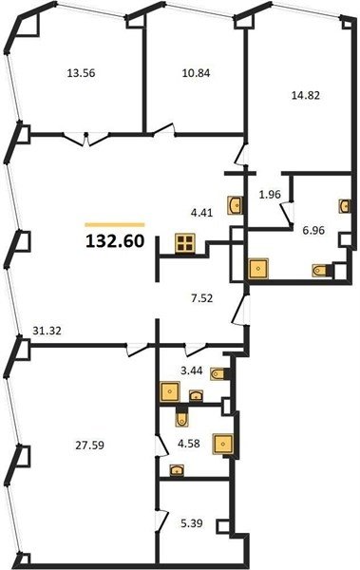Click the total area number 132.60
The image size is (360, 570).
click(x=115, y=241)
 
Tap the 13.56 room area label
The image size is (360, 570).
click(x=81, y=73)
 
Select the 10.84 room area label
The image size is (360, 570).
click(x=196, y=73)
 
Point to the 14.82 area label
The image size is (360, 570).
click(x=306, y=95)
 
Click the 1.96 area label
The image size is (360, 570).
click(x=270, y=195)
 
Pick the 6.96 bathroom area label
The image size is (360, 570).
click(x=313, y=230)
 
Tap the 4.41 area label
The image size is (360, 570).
click(x=201, y=212)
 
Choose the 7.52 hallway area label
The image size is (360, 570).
click(x=201, y=299)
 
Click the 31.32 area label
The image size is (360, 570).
click(x=47, y=331)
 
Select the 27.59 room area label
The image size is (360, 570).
click(x=90, y=445)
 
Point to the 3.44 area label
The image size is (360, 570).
click(x=192, y=371)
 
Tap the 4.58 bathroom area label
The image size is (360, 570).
click(x=189, y=444)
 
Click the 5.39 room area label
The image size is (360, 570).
click(x=192, y=523)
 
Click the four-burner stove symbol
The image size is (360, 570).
click(x=185, y=243)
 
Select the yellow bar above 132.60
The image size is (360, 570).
click(x=115, y=224)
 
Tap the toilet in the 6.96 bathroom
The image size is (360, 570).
click(x=321, y=271)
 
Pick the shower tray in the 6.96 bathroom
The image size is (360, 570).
click(x=257, y=268)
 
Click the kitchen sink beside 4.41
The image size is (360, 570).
click(x=235, y=205)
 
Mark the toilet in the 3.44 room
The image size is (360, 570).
click(x=218, y=373)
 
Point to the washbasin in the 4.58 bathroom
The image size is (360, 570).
click(x=177, y=470)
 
